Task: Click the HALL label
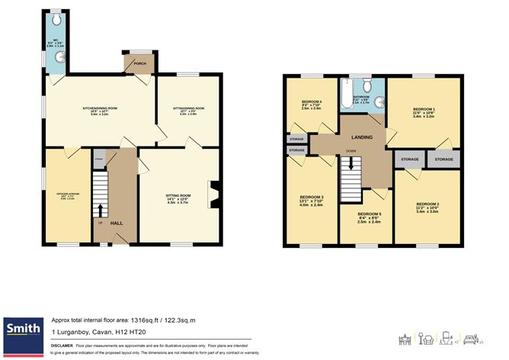click(116, 222)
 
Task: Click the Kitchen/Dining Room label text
click(100, 109)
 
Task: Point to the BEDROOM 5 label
click(369, 214)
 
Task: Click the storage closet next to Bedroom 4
click(296, 140)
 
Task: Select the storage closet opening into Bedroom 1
click(443, 159)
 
